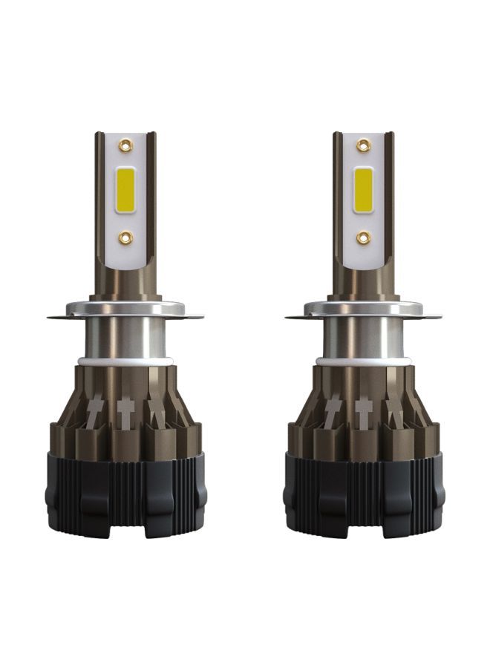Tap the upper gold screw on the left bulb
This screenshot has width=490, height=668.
click(124, 145)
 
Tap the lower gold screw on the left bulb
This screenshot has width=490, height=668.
click(124, 238)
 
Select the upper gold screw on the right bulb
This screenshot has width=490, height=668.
click(363, 145)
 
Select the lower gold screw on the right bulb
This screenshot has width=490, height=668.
click(363, 238)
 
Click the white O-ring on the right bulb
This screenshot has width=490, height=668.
click(362, 361)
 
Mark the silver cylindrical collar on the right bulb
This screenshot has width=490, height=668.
click(362, 338)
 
